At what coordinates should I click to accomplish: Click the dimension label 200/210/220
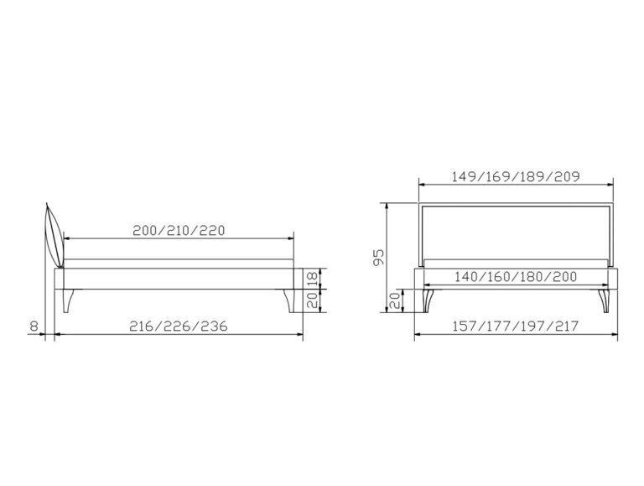coord(179,230)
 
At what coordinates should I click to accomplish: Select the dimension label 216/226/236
coord(179,326)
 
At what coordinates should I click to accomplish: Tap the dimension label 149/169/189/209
coord(516,176)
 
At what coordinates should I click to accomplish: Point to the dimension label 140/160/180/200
coord(516,277)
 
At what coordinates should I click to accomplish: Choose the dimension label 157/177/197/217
coord(516,326)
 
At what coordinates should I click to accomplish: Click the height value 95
coord(378,257)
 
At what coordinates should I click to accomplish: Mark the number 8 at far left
coord(34,326)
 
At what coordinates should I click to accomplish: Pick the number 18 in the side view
coord(313,279)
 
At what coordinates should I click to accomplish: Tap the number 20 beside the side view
coord(313,300)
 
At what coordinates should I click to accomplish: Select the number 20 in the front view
coord(395,300)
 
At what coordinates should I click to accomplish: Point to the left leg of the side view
coord(68,301)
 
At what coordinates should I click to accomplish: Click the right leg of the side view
coord(292,301)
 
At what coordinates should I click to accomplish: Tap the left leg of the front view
coord(428,301)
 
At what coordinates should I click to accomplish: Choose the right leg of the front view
coord(604,301)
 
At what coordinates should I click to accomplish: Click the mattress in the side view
coord(179,264)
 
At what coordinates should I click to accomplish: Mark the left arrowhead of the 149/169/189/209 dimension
coord(423,185)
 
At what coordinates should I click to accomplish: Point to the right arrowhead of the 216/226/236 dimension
coord(299,335)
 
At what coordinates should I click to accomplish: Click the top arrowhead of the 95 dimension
coord(387,206)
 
